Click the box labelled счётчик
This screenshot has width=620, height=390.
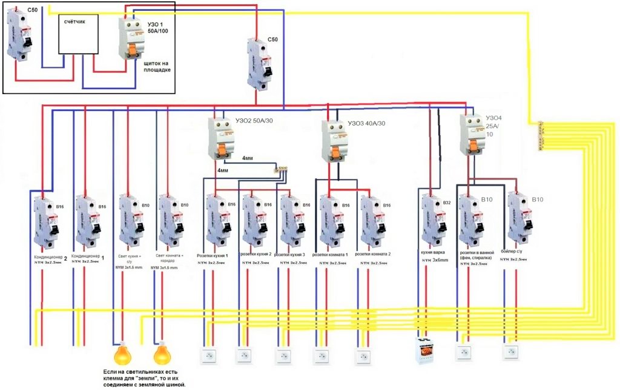coord(77,36)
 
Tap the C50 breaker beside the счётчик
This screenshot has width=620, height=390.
coord(18,36)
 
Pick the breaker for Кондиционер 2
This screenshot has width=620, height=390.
coord(44,222)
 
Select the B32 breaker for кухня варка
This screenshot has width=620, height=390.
coord(432,221)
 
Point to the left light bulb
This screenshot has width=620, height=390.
coord(123,353)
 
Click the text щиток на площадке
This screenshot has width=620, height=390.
coord(157,66)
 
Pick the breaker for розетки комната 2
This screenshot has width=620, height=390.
coord(370,222)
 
